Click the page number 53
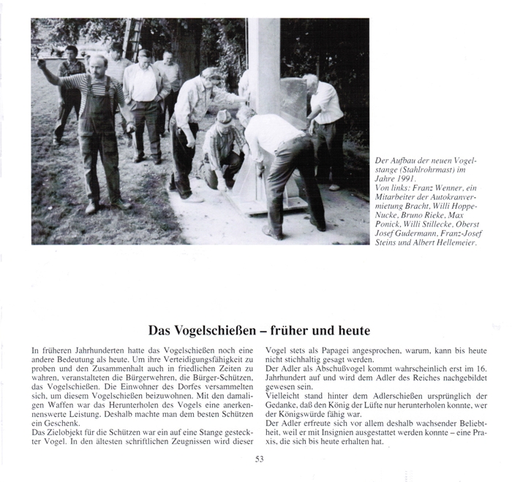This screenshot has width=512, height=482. [x=259, y=459]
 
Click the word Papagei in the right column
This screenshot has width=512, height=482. [x=333, y=350]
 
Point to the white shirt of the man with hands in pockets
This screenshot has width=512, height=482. [x=143, y=85]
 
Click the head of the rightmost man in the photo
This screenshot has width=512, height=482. [x=311, y=81]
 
